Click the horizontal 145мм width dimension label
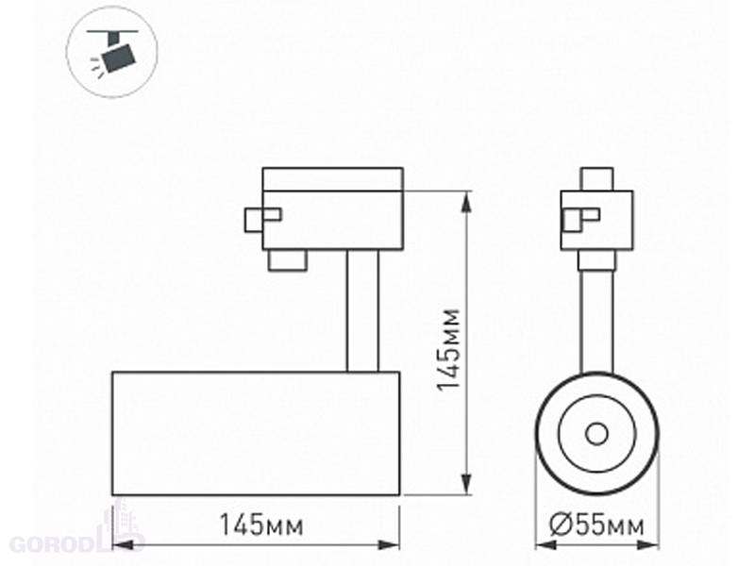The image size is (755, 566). click(261, 524)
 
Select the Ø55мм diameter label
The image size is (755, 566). click(596, 524)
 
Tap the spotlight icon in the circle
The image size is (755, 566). click(114, 52)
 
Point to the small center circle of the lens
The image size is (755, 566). click(596, 434)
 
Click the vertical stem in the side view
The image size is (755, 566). click(362, 311)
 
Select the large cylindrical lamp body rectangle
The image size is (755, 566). click(256, 433)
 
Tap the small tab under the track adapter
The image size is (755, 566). click(288, 260)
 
